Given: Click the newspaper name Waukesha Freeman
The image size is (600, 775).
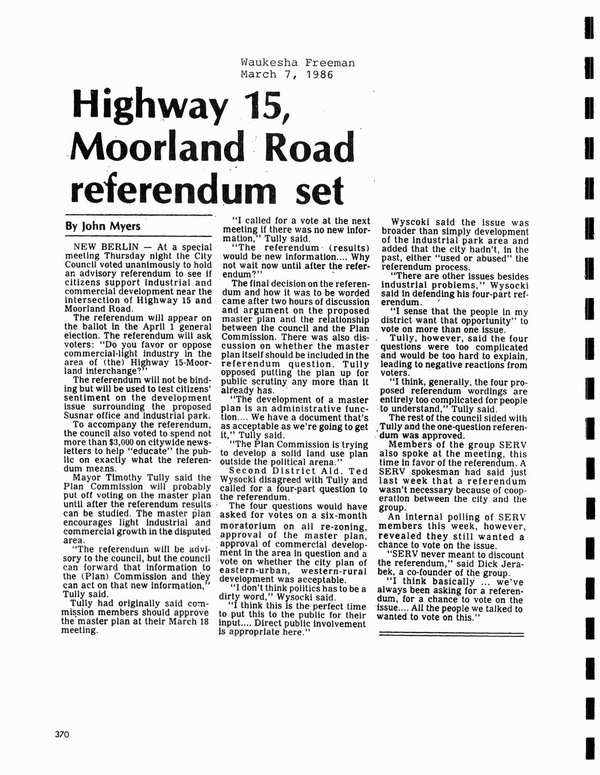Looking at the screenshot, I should tap(298, 63).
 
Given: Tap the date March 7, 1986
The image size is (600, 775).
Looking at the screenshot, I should tap(287, 74).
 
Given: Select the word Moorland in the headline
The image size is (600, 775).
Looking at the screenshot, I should tap(157, 148).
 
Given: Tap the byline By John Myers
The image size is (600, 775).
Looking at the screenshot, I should tap(103, 227).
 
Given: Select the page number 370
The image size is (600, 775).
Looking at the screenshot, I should tap(62, 734).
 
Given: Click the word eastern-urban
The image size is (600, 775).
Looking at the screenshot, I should tap(248, 571).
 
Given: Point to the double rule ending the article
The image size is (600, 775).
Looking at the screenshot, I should tap(452, 634).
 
